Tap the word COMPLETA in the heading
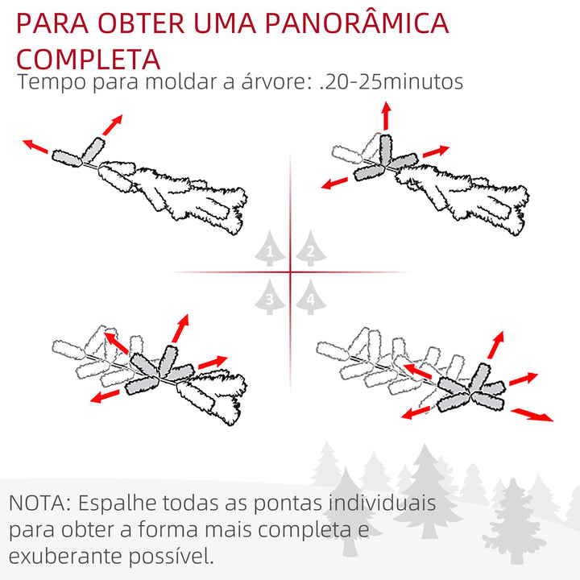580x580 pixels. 88,59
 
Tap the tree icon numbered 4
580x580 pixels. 310,299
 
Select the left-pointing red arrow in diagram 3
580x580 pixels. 106,395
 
